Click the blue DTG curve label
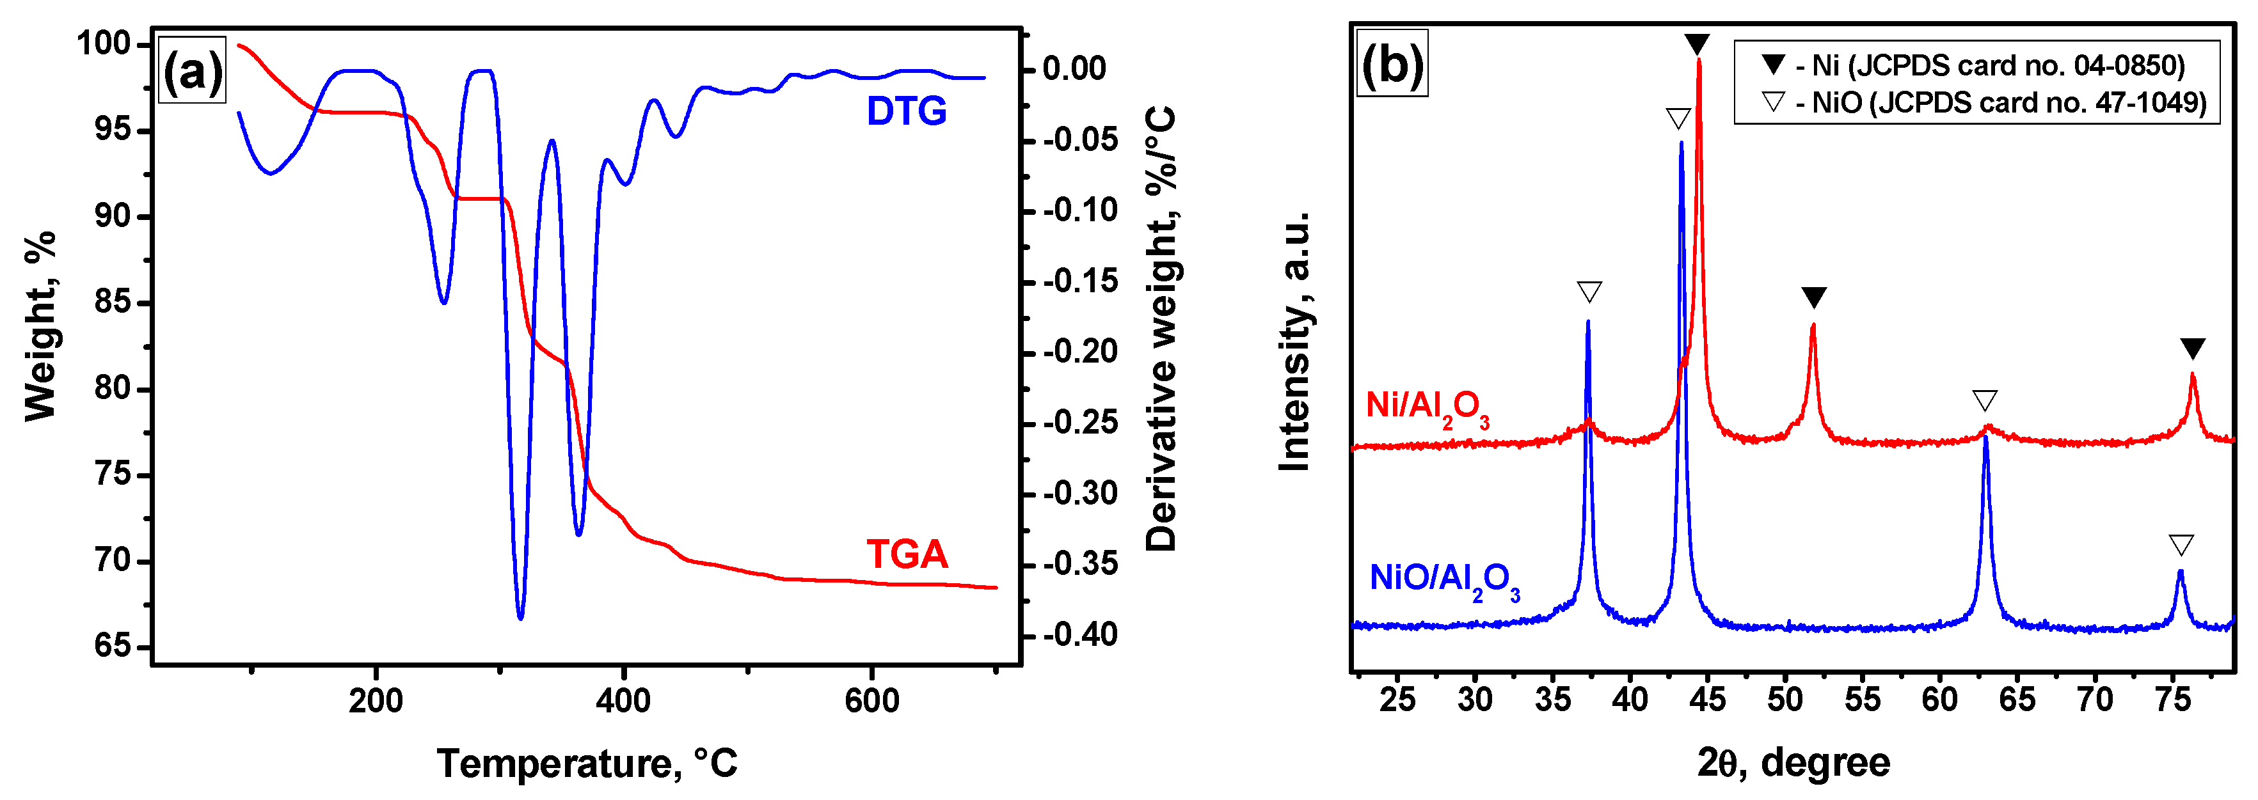click(x=907, y=111)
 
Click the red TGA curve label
click(x=907, y=554)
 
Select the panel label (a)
click(x=192, y=72)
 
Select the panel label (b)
click(x=1391, y=65)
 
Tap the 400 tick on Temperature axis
click(x=623, y=700)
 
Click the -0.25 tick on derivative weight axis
click(x=1080, y=423)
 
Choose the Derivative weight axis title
click(x=1161, y=329)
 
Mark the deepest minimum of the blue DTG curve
click(x=521, y=618)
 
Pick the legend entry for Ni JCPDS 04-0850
click(x=1972, y=66)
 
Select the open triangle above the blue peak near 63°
click(x=1985, y=402)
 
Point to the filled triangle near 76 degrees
click(x=2192, y=349)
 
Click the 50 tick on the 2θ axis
click(x=1785, y=700)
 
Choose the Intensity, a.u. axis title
click(x=1294, y=341)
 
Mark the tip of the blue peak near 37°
click(x=1587, y=322)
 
